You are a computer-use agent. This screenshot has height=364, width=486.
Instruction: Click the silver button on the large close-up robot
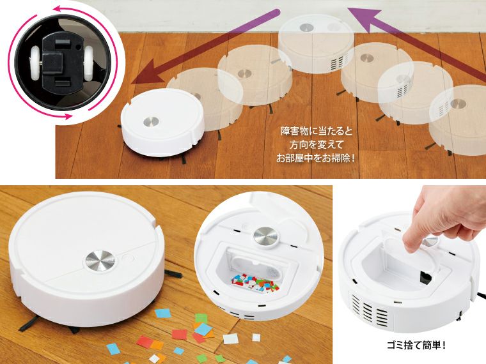point(100,261)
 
